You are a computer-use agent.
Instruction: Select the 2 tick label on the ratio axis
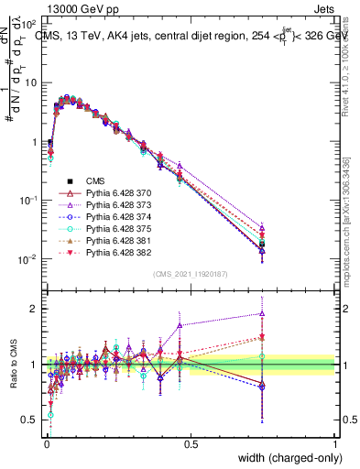tap(33, 309)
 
